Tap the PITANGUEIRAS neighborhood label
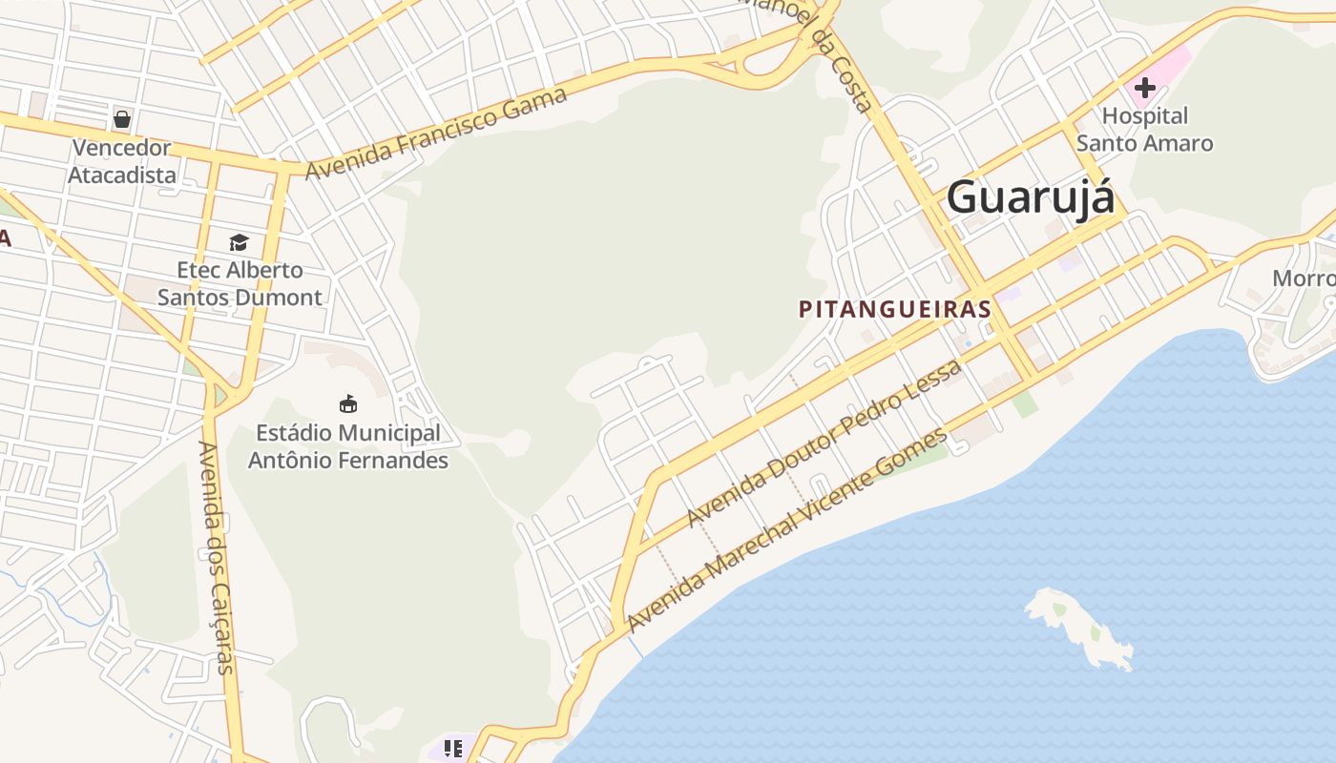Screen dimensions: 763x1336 (x=894, y=309)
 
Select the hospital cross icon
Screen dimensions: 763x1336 (x=1144, y=89)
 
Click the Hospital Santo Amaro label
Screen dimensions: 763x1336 (x=1144, y=130)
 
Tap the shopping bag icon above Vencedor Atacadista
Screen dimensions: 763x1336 (x=122, y=119)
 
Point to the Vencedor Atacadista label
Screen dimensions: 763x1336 (x=122, y=161)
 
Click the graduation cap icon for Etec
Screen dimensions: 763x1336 (x=239, y=242)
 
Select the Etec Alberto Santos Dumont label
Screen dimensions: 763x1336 (x=240, y=283)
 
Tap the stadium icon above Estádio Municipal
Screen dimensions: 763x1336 (x=348, y=403)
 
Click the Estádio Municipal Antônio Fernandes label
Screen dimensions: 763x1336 (x=348, y=446)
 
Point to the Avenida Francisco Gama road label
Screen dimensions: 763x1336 (x=437, y=132)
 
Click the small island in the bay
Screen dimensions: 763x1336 (x=1078, y=625)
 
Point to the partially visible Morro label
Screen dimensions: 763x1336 (x=1304, y=278)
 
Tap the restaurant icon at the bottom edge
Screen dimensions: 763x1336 (x=453, y=749)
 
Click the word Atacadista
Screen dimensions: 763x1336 (x=122, y=175)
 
